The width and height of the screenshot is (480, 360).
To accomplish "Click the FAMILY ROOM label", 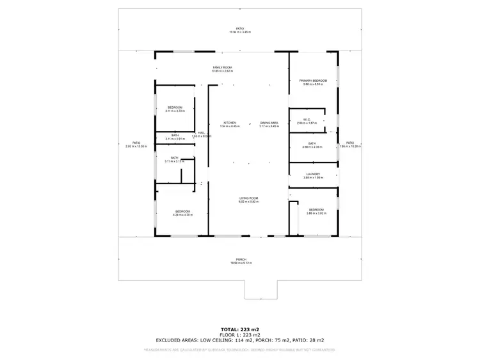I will (222, 67).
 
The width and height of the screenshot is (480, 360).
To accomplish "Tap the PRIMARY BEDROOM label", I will (313, 81).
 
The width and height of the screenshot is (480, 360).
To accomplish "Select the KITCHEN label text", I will (229, 123).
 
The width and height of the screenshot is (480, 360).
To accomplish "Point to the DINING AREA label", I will (269, 123).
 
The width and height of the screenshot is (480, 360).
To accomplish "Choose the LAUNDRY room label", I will (313, 174).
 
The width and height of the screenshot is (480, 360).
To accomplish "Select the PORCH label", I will (240, 260).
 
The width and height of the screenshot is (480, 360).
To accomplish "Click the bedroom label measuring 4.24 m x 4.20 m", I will (182, 212).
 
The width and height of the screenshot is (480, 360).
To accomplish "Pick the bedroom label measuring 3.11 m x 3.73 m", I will (175, 107).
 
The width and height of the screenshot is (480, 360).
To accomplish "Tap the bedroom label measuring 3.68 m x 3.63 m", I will (317, 210).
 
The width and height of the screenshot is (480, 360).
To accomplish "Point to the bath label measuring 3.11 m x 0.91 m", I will (175, 136).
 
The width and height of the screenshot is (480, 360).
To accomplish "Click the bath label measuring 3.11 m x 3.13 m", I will (174, 158).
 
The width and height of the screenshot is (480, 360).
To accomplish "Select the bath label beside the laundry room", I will (312, 144).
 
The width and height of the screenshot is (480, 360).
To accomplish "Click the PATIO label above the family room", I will (240, 29).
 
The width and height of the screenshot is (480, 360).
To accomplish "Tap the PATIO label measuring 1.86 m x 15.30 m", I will (350, 143).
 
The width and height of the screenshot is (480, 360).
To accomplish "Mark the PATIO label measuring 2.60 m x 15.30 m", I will (136, 143).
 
